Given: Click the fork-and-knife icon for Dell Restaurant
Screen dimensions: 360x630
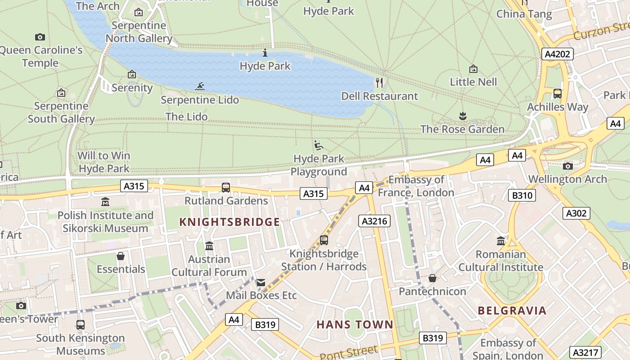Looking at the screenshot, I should click(379, 83).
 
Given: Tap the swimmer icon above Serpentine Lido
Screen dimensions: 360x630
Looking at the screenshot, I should click(200, 86).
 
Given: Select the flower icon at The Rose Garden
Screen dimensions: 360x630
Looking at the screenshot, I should click(463, 116).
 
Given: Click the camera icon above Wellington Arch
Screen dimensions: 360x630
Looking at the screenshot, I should click(568, 166).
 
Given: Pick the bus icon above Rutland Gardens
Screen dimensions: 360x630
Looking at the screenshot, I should click(226, 187).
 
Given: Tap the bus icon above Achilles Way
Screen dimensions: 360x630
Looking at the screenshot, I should click(558, 94).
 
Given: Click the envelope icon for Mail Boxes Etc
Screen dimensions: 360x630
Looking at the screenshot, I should click(261, 283).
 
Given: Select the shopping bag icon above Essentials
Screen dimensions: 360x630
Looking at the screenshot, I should click(121, 256).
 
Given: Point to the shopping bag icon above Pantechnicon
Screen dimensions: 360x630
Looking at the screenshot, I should click(432, 278).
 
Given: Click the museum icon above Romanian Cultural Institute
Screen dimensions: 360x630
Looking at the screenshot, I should click(501, 241).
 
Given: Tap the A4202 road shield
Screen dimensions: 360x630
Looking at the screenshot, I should click(557, 54).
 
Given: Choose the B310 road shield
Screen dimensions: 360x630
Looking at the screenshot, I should click(522, 195).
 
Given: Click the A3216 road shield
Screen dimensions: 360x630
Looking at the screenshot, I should click(374, 221).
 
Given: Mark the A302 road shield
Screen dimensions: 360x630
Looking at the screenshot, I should click(576, 213).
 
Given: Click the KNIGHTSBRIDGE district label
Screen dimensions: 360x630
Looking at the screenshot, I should click(229, 222).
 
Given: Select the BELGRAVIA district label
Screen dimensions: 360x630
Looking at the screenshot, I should click(512, 310).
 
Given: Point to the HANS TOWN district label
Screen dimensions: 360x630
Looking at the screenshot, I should click(355, 324).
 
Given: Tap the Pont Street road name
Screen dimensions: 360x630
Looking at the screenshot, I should click(349, 352).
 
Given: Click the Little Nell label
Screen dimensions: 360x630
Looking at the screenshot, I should click(473, 82).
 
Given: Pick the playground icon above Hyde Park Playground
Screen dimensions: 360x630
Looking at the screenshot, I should click(319, 145).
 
